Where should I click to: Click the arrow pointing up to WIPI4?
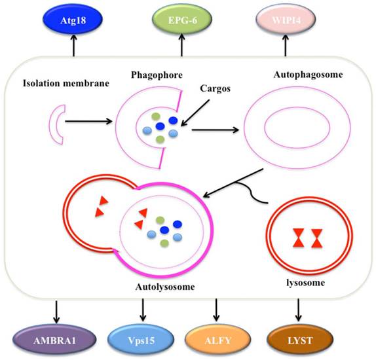tap(285, 45)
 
